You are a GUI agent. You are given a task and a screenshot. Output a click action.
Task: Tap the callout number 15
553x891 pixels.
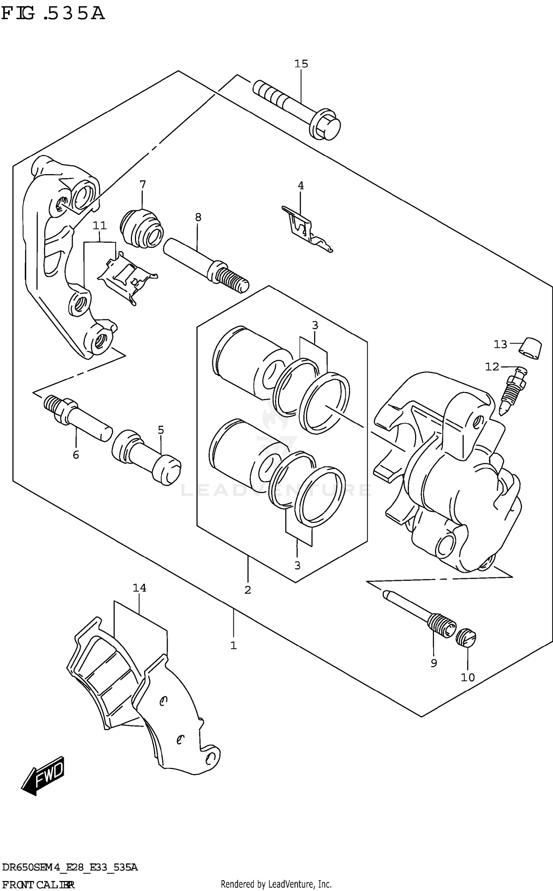(301, 64)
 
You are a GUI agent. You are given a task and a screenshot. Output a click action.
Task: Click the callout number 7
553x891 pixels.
(143, 184)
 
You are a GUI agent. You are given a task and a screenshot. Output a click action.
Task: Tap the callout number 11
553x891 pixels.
(100, 225)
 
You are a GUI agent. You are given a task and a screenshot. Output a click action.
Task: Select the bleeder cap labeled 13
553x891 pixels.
(531, 348)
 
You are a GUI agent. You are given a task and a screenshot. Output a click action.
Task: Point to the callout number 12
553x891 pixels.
(492, 367)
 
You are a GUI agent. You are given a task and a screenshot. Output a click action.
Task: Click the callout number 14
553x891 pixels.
(139, 587)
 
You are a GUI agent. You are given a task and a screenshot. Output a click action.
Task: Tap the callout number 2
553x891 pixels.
(247, 590)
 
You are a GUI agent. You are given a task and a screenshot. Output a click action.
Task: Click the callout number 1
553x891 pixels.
(233, 645)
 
